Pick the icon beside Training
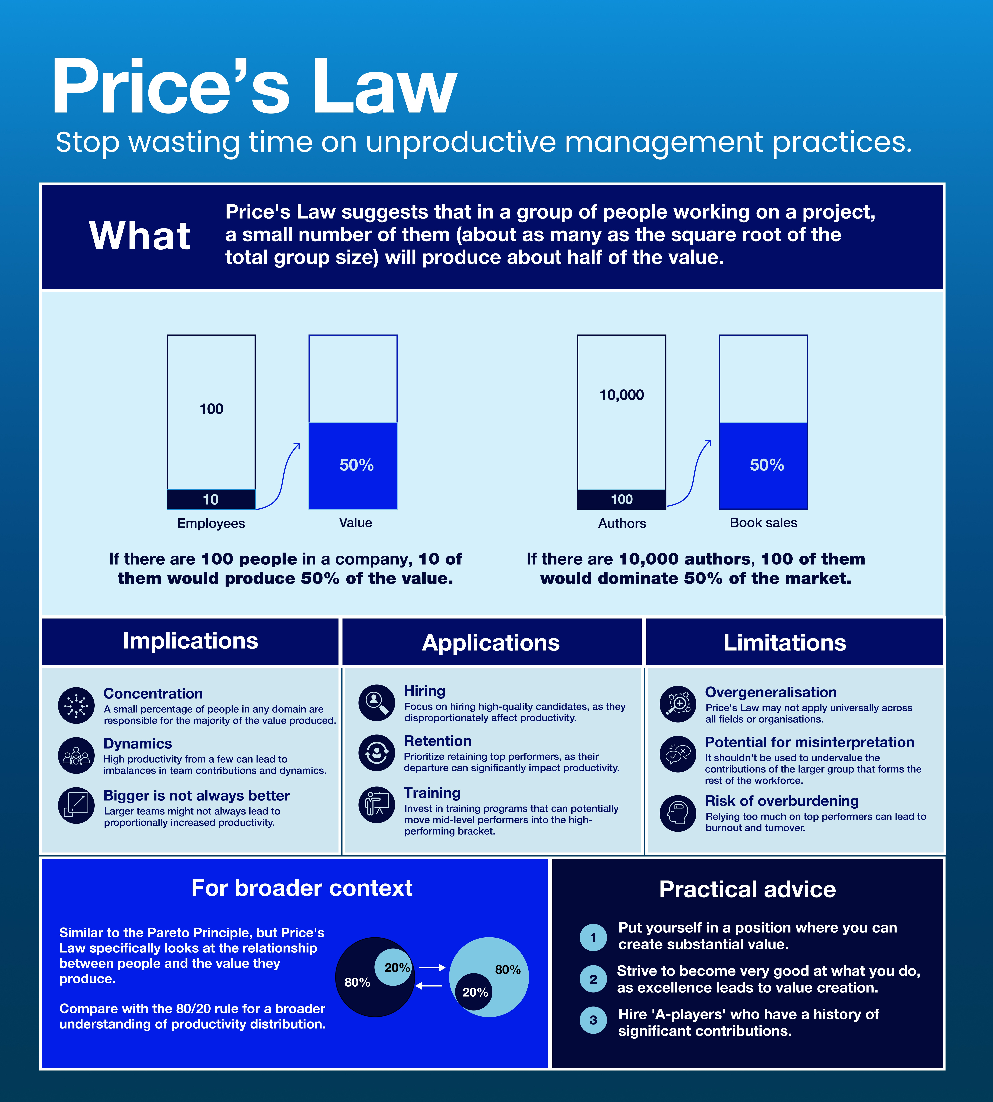click(376, 804)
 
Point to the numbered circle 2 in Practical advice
click(593, 979)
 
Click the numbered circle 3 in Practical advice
click(593, 1020)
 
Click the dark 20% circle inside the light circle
click(474, 992)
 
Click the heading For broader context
click(302, 888)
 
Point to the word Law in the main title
click(384, 87)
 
